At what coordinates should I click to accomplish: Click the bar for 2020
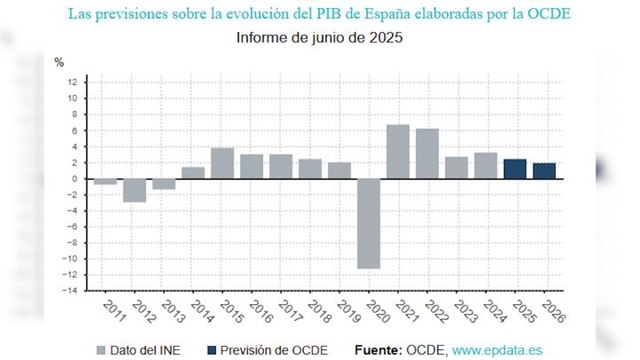coord(369,223)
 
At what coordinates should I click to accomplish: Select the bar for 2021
coord(398,151)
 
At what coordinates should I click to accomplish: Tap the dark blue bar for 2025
coord(515,168)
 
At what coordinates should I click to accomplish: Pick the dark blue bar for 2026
coord(544,170)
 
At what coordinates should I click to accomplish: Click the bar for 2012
coord(135,190)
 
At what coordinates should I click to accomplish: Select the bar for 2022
coord(427,153)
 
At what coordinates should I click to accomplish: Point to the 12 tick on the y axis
coord(73,82)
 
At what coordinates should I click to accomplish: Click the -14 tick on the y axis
coord(71,291)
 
